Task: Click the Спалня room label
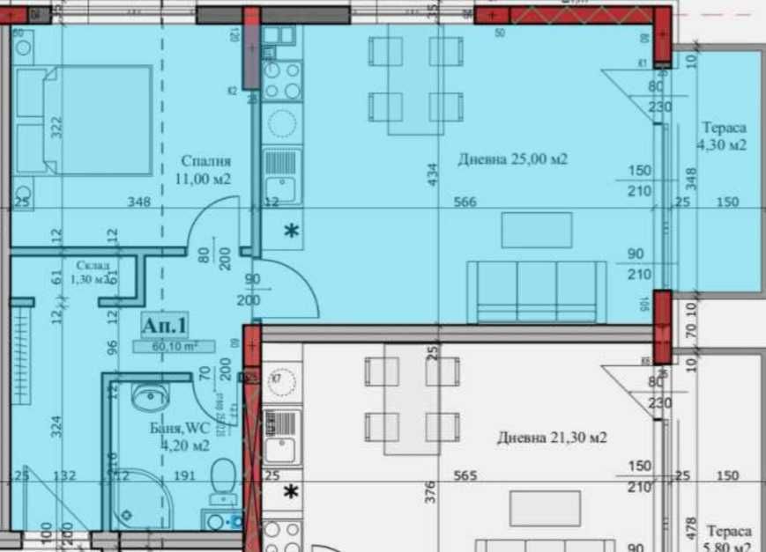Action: [206, 170]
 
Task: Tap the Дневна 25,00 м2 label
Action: [512, 159]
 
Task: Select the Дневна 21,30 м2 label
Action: [552, 437]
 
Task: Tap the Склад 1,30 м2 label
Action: [93, 272]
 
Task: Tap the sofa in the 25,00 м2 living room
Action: [537, 292]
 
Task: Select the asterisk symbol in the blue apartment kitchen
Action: [290, 232]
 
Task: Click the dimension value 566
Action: [465, 202]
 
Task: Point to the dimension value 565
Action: [465, 476]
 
